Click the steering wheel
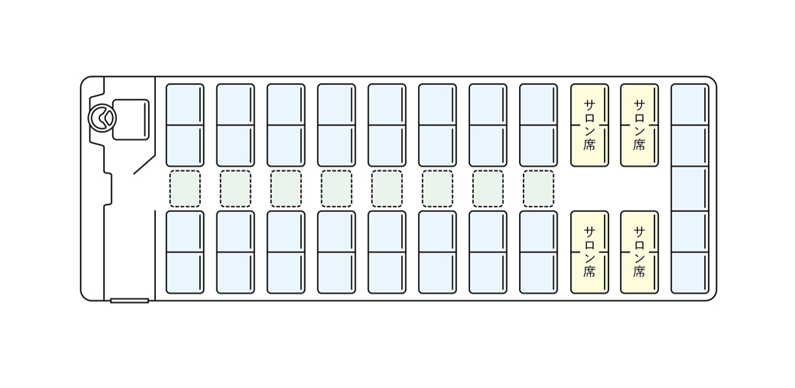coord(102,118)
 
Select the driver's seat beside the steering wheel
coord(130,119)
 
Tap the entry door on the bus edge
coord(129,300)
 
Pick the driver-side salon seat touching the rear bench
coord(639,125)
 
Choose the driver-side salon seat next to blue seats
coord(589,125)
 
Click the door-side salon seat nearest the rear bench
coord(639,252)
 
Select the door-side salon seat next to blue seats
coord(589,252)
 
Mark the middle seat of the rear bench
coord(690,189)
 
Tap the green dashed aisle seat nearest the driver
coord(185,188)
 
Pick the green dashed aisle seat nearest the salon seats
coord(538,188)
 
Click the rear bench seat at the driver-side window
coord(690,105)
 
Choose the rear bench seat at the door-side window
coord(690,273)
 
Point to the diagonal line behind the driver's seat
coord(144,164)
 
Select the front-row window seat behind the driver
coord(185,105)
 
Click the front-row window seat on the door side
coord(185,272)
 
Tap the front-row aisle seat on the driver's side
coord(185,145)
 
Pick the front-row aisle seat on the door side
coord(185,231)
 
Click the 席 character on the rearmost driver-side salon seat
coord(639,145)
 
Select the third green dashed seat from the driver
coord(286,188)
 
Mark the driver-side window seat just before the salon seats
coord(538,105)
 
